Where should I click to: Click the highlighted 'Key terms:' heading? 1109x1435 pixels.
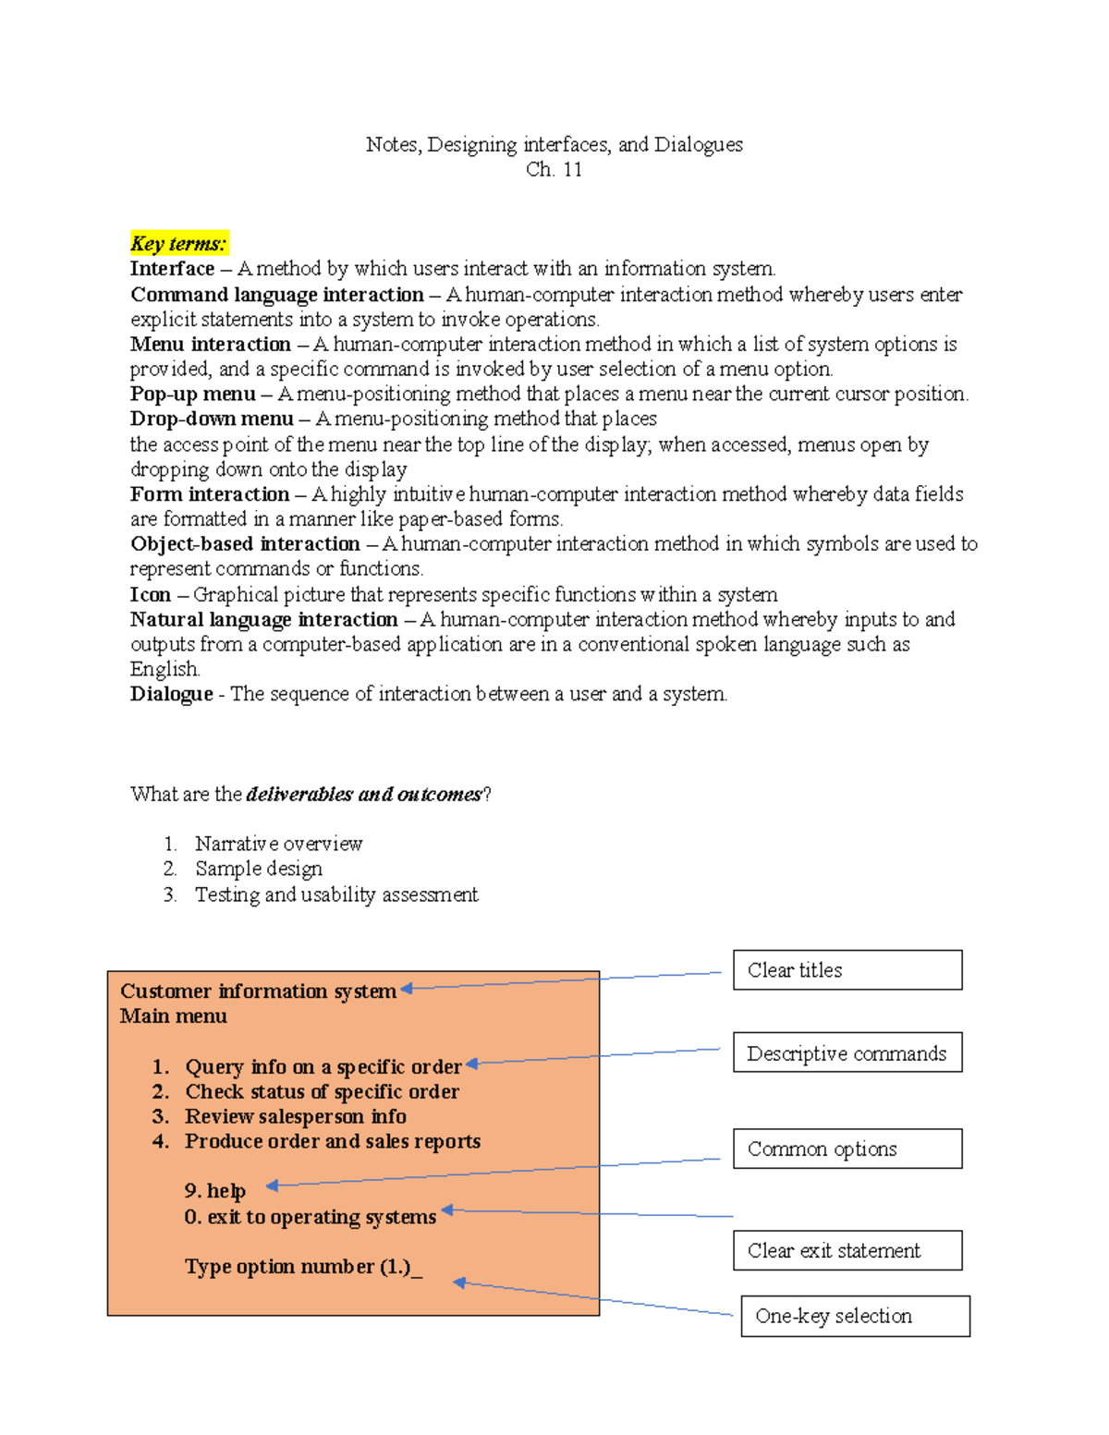pyautogui.click(x=178, y=244)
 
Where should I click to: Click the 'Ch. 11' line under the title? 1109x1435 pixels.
pyautogui.click(x=554, y=169)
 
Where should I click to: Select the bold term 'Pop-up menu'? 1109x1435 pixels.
pyautogui.click(x=192, y=394)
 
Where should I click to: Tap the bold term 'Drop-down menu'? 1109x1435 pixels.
pyautogui.click(x=212, y=419)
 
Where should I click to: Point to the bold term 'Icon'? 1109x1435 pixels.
pyautogui.click(x=150, y=594)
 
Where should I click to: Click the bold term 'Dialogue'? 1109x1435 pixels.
pyautogui.click(x=171, y=694)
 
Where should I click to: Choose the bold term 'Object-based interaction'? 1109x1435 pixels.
pyautogui.click(x=245, y=544)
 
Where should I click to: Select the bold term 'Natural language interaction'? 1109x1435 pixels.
pyautogui.click(x=263, y=619)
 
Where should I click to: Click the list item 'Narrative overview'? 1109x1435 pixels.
pyautogui.click(x=278, y=844)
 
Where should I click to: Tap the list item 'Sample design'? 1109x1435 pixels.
pyautogui.click(x=259, y=869)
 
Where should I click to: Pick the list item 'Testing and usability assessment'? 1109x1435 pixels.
pyautogui.click(x=336, y=894)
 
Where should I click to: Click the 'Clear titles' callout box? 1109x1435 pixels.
pyautogui.click(x=847, y=970)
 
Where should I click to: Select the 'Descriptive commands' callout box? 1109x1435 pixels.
pyautogui.click(x=847, y=1053)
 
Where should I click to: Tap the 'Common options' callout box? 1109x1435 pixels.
pyautogui.click(x=847, y=1149)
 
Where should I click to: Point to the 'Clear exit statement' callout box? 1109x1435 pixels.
pyautogui.click(x=847, y=1250)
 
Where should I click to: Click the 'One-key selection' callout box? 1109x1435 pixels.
pyautogui.click(x=855, y=1316)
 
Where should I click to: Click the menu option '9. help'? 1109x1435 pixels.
pyautogui.click(x=214, y=1191)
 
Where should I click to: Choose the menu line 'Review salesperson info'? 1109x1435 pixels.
pyautogui.click(x=295, y=1116)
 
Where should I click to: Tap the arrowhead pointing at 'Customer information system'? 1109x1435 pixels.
pyautogui.click(x=407, y=989)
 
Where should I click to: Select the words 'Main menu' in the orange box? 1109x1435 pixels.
pyautogui.click(x=173, y=1016)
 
